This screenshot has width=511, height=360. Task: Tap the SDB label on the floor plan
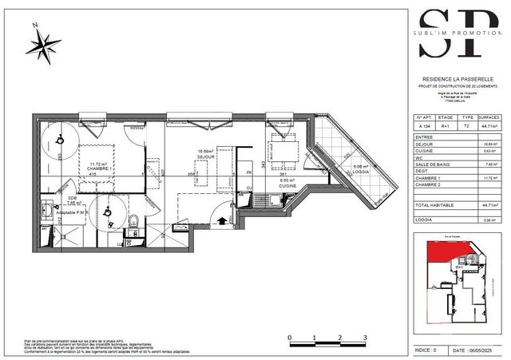coord(72,198)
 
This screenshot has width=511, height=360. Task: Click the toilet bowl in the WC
coord(137,221)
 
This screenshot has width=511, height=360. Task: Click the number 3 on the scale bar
coord(365,338)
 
